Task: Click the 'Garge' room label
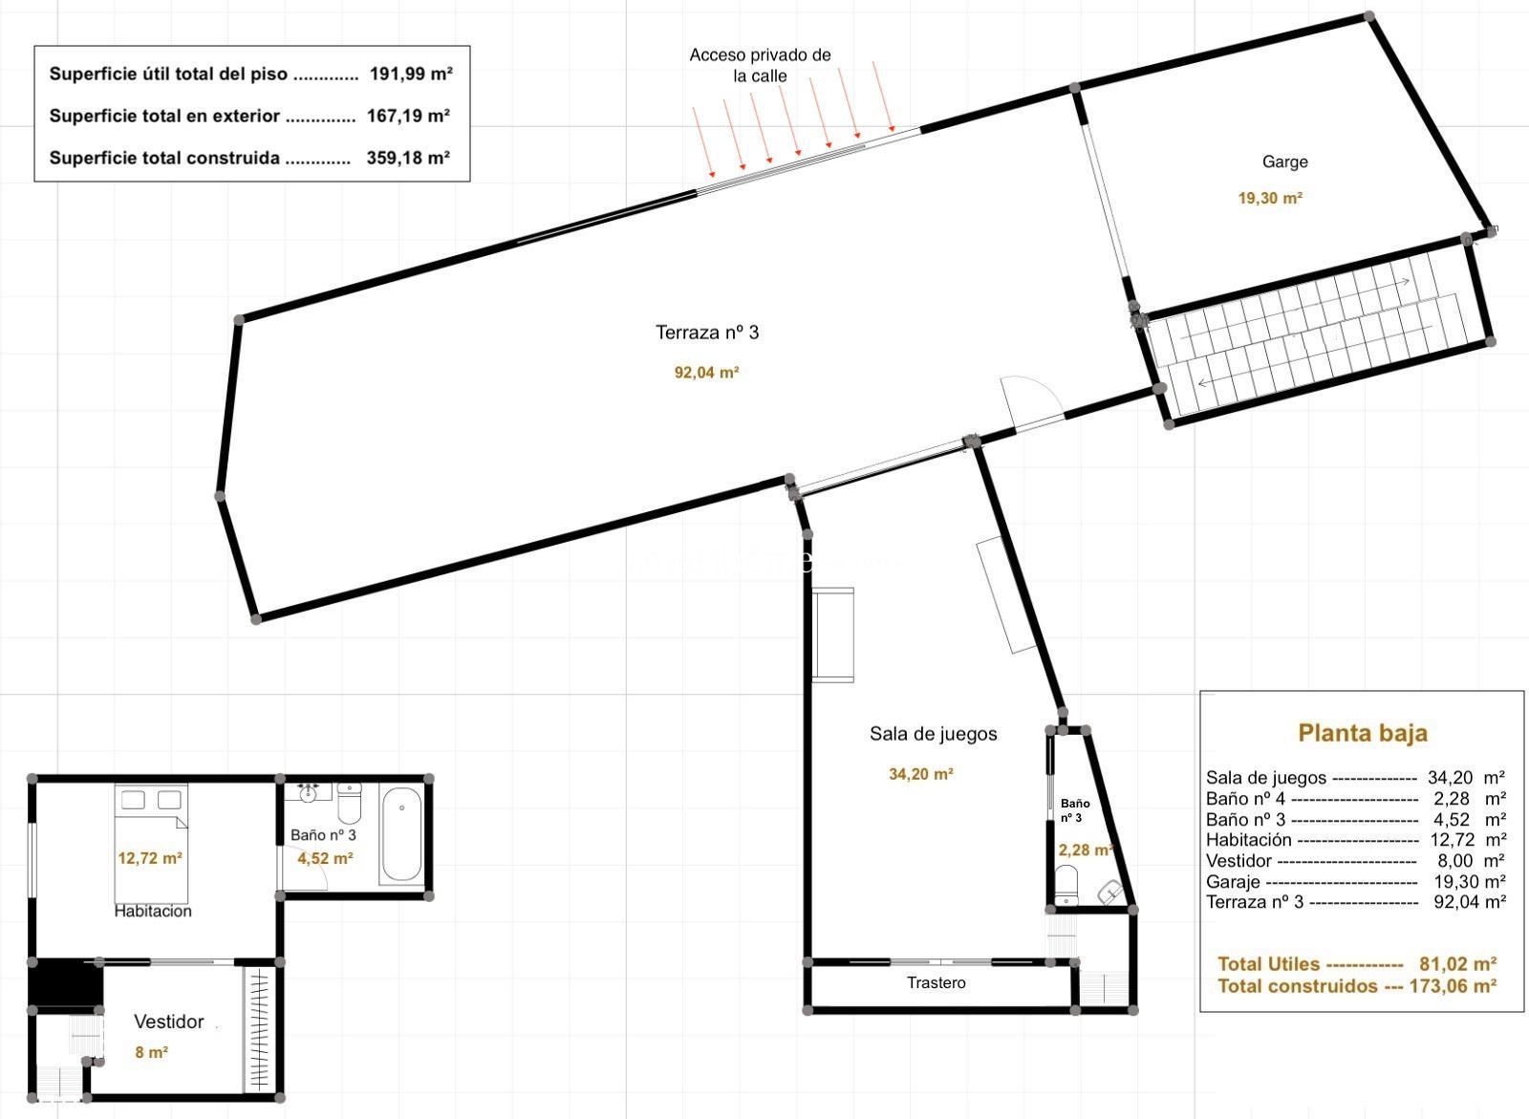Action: (1284, 162)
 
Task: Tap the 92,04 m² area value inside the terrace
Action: (706, 373)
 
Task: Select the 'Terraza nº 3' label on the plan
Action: (706, 333)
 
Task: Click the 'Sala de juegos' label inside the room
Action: (933, 734)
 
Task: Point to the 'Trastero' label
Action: (936, 982)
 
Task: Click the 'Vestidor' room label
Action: (168, 1022)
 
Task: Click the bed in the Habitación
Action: (151, 843)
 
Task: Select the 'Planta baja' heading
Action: (1363, 733)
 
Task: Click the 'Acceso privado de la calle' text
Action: (760, 65)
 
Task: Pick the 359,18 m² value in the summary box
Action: (408, 158)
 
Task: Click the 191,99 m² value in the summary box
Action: (412, 74)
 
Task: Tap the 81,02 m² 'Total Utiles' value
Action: (1458, 963)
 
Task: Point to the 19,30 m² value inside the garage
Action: (1270, 199)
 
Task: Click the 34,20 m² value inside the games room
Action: (921, 774)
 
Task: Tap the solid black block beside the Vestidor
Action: (66, 983)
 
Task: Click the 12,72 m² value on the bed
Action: (149, 858)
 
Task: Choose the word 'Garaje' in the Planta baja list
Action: (1233, 881)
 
